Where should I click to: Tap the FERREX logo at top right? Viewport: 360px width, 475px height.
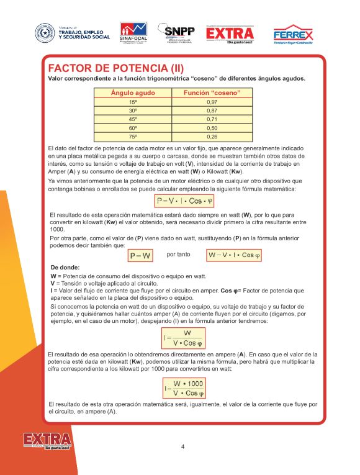pos(293,34)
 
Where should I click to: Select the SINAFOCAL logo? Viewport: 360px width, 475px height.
pos(133,33)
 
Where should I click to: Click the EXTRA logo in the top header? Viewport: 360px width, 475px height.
pos(230,34)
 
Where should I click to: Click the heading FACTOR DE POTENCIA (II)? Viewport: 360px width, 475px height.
pos(115,68)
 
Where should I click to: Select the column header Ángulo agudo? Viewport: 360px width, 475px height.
pos(133,93)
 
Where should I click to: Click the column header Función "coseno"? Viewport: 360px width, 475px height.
pos(212,93)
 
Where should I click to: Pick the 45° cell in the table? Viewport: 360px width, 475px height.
pos(133,119)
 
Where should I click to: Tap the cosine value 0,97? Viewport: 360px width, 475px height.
pos(212,101)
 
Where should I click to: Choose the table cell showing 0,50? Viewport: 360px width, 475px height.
pos(212,127)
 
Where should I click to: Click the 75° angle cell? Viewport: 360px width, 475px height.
pos(133,136)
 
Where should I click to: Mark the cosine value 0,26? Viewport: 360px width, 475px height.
pos(212,136)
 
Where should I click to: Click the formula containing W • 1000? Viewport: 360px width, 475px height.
pos(184,388)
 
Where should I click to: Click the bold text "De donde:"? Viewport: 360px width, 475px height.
pos(65,268)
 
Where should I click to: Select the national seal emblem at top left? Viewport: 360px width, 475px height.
pos(45,32)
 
